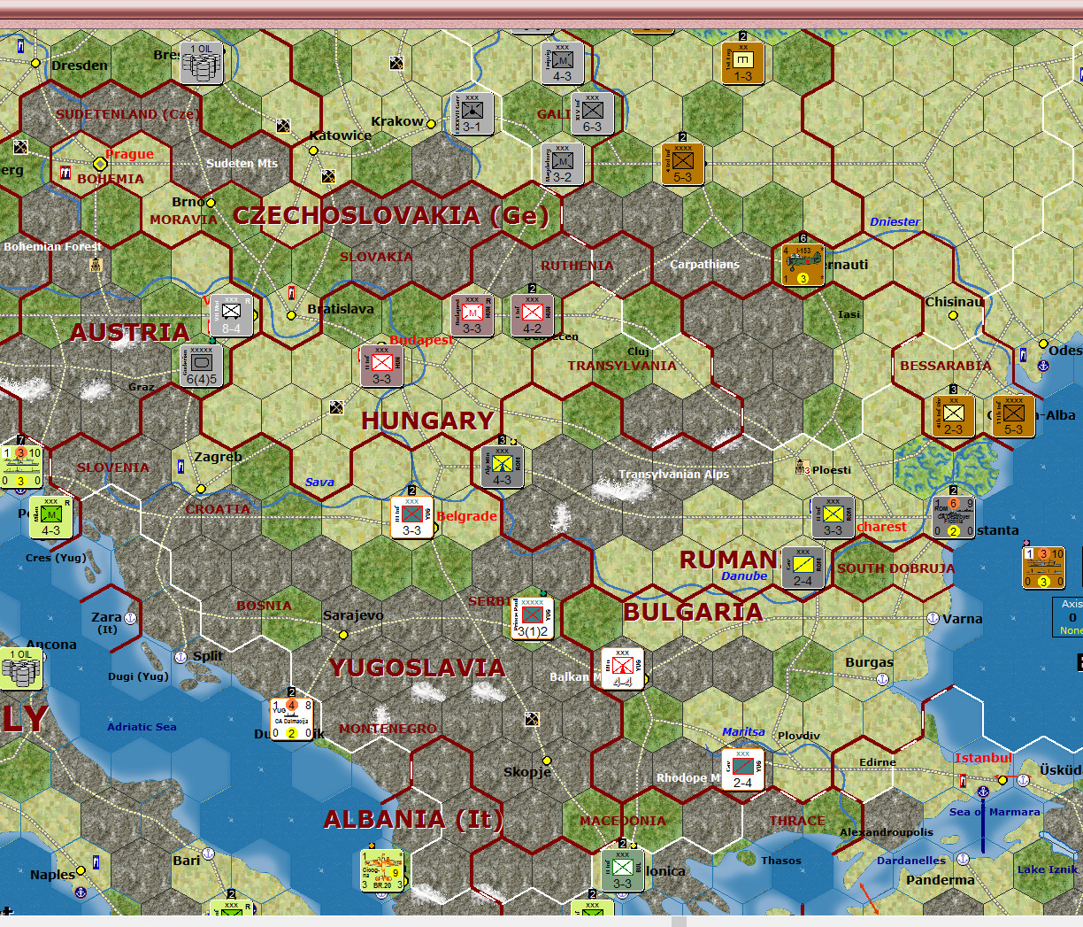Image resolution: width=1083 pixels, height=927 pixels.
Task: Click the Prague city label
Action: click(x=129, y=154)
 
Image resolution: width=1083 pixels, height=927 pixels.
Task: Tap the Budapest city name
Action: click(x=421, y=340)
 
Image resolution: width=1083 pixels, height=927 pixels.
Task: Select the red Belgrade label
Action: click(x=466, y=516)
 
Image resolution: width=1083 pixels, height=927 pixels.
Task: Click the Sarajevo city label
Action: click(x=353, y=615)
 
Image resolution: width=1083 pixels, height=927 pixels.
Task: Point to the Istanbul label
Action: click(x=982, y=758)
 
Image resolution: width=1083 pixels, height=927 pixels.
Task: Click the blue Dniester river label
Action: click(x=895, y=221)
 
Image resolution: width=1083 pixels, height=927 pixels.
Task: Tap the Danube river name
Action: click(x=744, y=576)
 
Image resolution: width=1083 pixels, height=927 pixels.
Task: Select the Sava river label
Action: click(x=319, y=483)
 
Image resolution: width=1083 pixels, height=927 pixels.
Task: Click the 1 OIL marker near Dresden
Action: click(x=202, y=62)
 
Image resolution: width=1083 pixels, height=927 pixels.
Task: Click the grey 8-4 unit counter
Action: click(x=231, y=316)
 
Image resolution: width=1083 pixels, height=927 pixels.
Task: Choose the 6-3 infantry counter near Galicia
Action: click(x=592, y=114)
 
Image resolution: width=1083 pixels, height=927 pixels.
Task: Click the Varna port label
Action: click(x=962, y=619)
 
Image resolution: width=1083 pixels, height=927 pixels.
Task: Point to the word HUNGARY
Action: click(x=426, y=421)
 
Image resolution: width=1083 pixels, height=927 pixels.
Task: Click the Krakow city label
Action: click(x=397, y=121)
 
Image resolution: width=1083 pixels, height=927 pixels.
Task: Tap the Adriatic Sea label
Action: click(x=142, y=727)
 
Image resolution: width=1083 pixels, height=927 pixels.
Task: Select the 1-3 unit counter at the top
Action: click(x=743, y=64)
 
